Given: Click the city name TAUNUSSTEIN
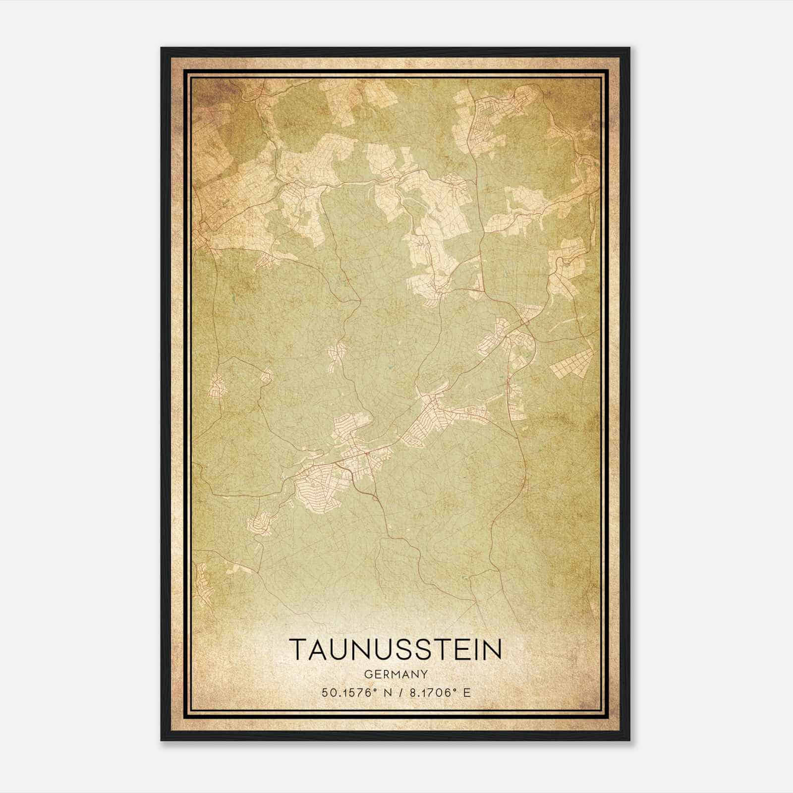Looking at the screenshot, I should [396, 649].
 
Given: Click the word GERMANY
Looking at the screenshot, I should [396, 675].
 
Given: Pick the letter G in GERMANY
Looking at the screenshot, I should [368, 675].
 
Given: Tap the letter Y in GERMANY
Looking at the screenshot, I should [424, 675].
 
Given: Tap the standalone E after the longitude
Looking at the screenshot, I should [466, 693].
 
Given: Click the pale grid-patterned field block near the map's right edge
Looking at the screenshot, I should [571, 363].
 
